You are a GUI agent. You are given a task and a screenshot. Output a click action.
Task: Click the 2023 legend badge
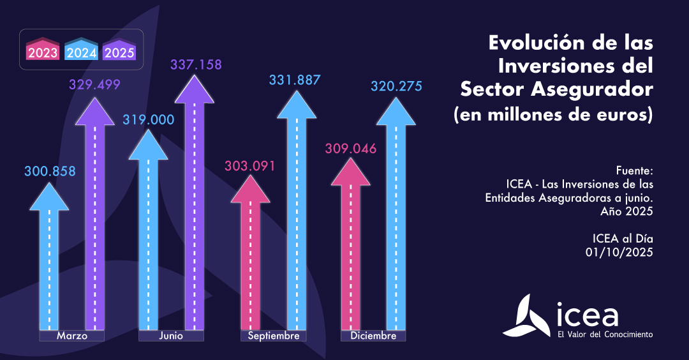click(x=43, y=51)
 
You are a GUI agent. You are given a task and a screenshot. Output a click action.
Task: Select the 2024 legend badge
click(x=81, y=51)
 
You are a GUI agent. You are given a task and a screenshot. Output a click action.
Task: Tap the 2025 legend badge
click(x=119, y=51)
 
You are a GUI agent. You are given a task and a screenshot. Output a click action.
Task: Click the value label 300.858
click(x=50, y=171)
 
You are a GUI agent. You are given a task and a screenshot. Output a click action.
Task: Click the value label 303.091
click(x=249, y=166)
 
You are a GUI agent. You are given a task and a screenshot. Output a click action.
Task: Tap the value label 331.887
click(x=295, y=80)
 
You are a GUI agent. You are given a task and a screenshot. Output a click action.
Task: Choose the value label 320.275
click(x=396, y=86)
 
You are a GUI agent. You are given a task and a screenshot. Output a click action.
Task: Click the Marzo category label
click(x=71, y=336)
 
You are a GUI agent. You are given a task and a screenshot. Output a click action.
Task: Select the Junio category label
click(x=172, y=336)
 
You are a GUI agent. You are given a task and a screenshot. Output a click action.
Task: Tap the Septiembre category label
click(x=274, y=336)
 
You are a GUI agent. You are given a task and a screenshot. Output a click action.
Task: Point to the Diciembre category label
click(x=373, y=336)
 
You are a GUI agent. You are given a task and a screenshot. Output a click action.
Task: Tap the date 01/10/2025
click(x=619, y=252)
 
